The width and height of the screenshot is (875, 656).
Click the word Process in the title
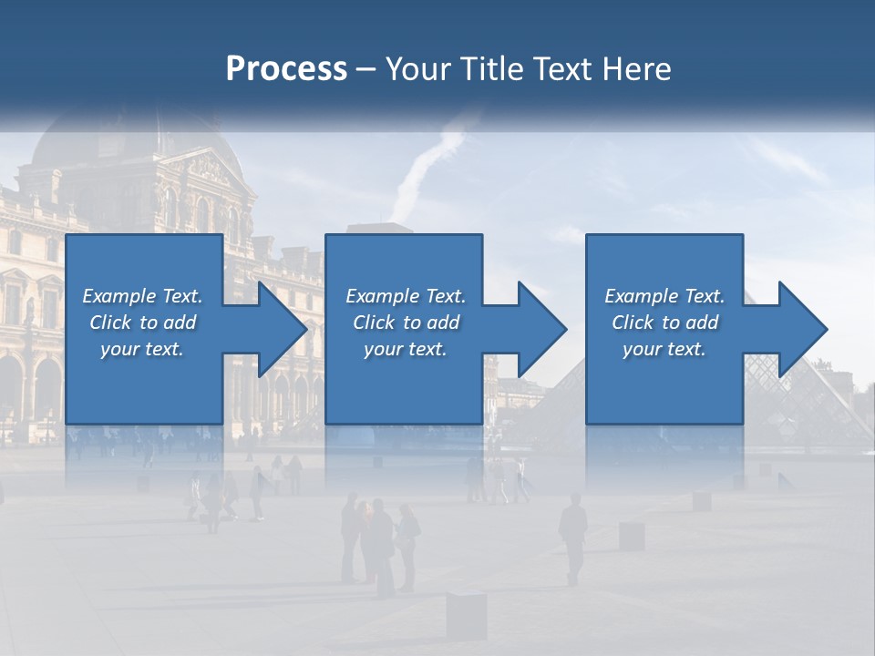286,69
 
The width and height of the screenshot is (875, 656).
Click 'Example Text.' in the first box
142,296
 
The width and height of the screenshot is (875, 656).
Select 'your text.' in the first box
142,349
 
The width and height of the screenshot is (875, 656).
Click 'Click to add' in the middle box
406,323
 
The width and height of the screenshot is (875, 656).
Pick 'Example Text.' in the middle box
406,296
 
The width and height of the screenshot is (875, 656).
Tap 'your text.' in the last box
664,349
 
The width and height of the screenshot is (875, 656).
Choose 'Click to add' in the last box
664,323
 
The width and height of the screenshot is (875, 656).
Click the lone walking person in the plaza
573,537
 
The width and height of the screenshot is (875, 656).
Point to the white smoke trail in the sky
428,164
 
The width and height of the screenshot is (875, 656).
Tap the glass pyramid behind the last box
784,392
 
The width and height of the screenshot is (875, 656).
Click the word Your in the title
415,69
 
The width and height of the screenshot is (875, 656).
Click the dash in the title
365,69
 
